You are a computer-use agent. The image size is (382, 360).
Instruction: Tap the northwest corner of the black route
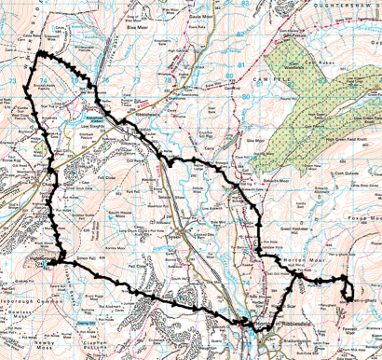click(39, 58)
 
